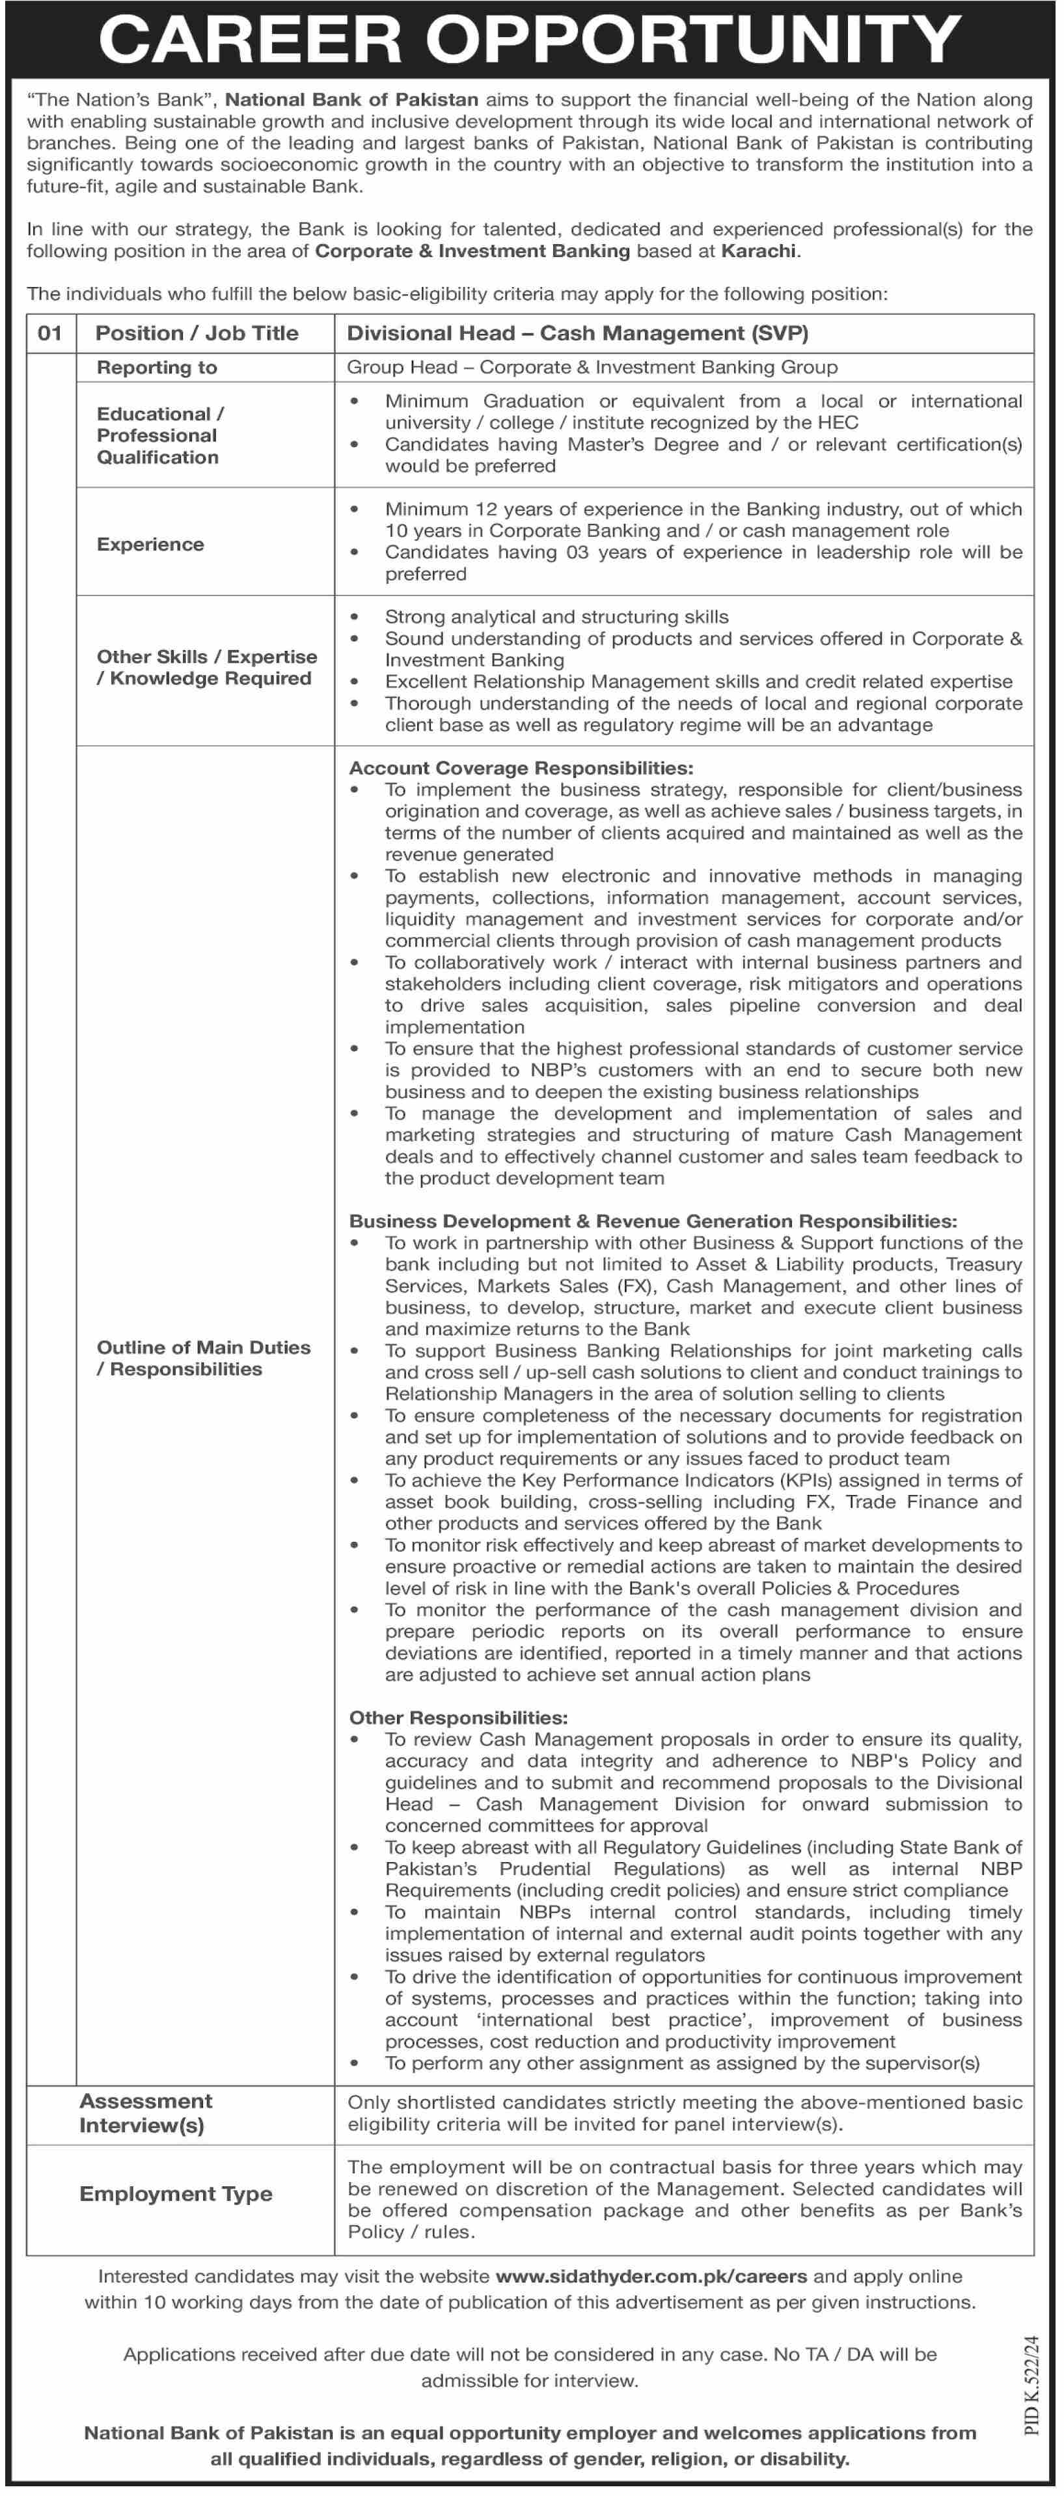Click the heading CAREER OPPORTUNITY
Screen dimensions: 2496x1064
point(530,39)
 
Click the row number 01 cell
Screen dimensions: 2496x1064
point(50,333)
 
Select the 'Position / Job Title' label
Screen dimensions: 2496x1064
point(197,333)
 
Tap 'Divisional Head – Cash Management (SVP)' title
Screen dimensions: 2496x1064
point(577,333)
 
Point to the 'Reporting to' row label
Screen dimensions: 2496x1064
point(157,367)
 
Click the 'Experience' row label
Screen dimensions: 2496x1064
point(150,545)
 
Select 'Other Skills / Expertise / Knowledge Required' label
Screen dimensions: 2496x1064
point(206,668)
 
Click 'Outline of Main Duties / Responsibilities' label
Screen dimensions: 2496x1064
point(204,1358)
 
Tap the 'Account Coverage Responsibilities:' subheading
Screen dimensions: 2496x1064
point(521,767)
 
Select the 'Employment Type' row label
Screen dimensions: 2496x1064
point(176,2194)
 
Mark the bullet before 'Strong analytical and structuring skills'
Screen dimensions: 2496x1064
point(355,616)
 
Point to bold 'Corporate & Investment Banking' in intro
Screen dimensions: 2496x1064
point(473,251)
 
